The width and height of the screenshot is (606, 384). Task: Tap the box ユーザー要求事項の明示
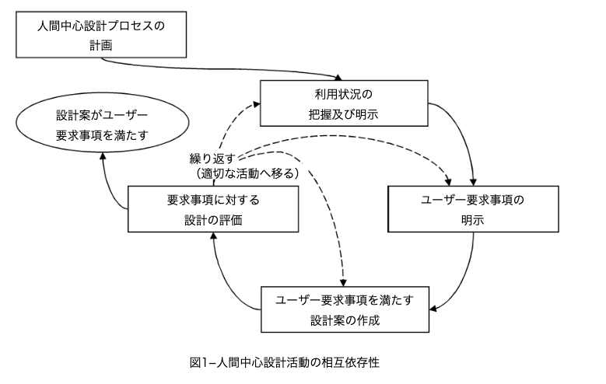coord(472,208)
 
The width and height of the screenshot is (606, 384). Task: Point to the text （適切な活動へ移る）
coord(247,174)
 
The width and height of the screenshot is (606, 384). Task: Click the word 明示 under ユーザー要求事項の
coord(472,220)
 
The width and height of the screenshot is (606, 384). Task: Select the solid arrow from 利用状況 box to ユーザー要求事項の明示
coord(459,132)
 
